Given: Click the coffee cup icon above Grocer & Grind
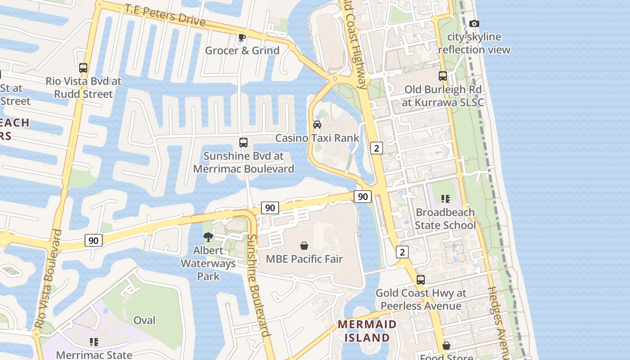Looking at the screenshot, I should [x=242, y=37].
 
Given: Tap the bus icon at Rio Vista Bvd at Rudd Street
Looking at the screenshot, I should [x=83, y=68].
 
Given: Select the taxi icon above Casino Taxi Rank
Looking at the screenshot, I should [x=317, y=125].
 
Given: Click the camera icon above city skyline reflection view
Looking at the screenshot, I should [x=474, y=23].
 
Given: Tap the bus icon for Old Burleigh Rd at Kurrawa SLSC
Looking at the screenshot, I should [x=443, y=76].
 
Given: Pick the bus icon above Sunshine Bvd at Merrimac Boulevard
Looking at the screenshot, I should [x=243, y=143].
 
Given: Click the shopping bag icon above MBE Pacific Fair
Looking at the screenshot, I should [x=304, y=246].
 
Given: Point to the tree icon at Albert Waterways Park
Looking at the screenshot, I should [x=208, y=237].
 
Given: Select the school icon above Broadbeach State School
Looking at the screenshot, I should [x=445, y=198].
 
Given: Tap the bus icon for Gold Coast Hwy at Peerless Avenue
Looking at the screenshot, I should [x=420, y=280].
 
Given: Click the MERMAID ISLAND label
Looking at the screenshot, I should [x=367, y=331].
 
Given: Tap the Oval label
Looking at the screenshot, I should [x=144, y=320].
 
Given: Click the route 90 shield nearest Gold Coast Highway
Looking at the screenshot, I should [x=363, y=197].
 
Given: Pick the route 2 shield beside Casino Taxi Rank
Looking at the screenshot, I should [x=377, y=148].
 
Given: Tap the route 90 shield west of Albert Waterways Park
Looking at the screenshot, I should [x=94, y=240].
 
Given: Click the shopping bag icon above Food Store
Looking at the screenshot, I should [x=446, y=346].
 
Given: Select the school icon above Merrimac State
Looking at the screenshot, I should [x=94, y=342].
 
